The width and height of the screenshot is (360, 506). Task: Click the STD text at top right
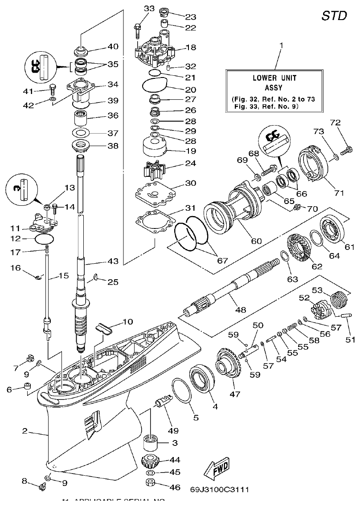[x=334, y=16]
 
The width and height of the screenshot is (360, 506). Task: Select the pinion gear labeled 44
[x=153, y=461]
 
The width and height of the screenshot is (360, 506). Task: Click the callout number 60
[x=256, y=241]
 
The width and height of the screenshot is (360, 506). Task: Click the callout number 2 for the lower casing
[x=25, y=431]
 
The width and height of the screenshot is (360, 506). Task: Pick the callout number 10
[x=127, y=321]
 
